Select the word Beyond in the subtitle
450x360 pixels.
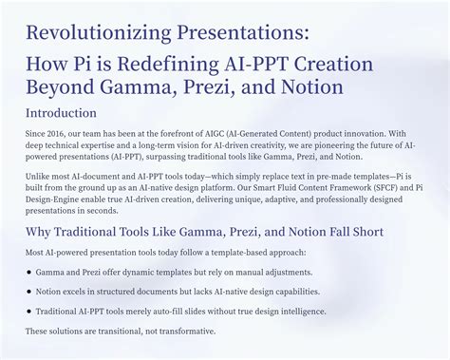(x=66, y=89)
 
